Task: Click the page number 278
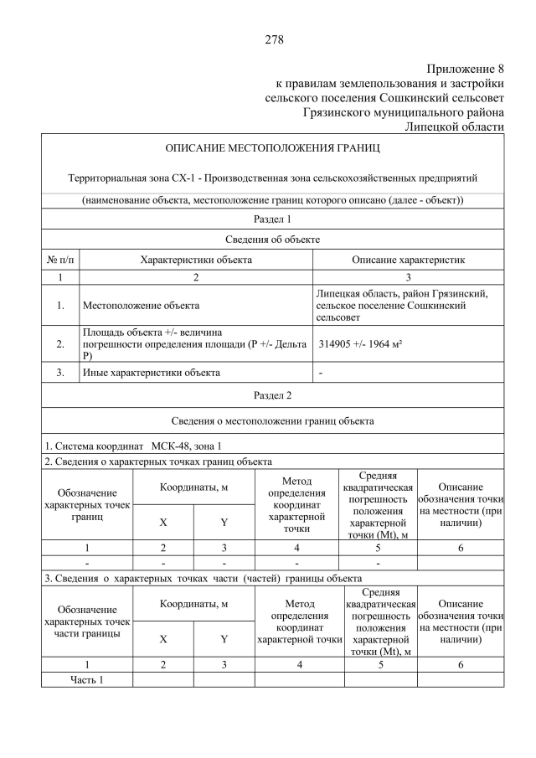click(x=273, y=39)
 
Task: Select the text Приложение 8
click(x=465, y=68)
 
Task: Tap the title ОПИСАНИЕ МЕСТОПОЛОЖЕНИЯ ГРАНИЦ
click(x=272, y=148)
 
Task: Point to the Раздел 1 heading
click(x=272, y=219)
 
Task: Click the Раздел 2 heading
click(x=272, y=394)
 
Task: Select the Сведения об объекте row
click(x=272, y=240)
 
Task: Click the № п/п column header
click(x=60, y=260)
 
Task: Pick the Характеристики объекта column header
click(x=196, y=260)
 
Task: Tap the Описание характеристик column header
click(x=408, y=260)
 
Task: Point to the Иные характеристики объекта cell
click(x=151, y=373)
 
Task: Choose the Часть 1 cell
click(x=86, y=679)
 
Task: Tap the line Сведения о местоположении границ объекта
click(x=272, y=420)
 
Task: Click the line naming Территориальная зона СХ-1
click(x=272, y=178)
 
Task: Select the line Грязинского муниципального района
click(x=403, y=111)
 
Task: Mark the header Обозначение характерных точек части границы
click(x=86, y=621)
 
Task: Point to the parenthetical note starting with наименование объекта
click(x=272, y=200)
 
